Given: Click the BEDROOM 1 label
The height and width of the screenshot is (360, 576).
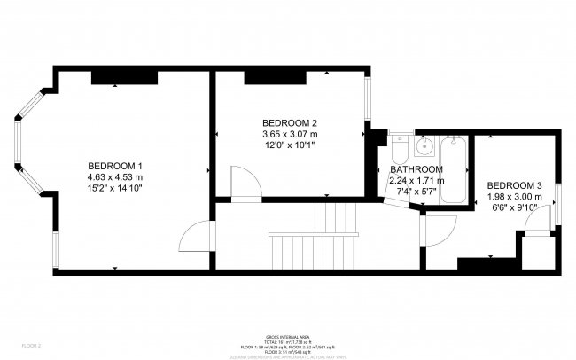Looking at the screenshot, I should click(115, 166).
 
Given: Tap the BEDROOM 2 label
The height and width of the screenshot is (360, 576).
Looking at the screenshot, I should click(290, 122).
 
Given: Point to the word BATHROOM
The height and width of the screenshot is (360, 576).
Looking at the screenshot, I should click(416, 169).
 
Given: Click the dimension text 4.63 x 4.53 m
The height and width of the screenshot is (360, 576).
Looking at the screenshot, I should click(115, 176).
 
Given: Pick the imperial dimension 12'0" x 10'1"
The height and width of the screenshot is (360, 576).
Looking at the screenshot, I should click(290, 145).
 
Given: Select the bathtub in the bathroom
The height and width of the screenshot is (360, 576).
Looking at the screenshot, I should click(453, 168).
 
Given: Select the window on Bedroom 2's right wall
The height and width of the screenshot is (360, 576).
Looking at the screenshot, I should click(367, 106).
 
